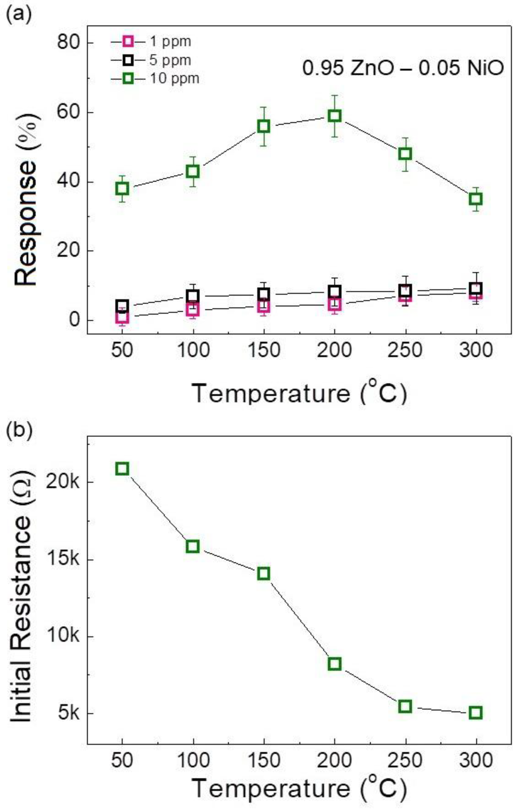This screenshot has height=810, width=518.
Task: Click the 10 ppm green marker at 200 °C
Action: click(334, 116)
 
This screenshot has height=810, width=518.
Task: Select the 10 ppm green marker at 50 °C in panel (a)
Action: click(122, 188)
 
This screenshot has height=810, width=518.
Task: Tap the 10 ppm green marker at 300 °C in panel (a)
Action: click(476, 199)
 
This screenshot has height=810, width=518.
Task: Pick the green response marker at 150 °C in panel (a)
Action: click(264, 126)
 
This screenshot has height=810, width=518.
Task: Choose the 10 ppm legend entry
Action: click(155, 79)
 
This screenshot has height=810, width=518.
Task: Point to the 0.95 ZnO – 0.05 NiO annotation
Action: click(403, 69)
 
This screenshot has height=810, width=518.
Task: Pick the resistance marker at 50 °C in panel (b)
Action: click(122, 469)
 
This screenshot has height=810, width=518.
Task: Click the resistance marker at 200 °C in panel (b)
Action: click(334, 664)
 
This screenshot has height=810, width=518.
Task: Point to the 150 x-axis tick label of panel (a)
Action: click(264, 350)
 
